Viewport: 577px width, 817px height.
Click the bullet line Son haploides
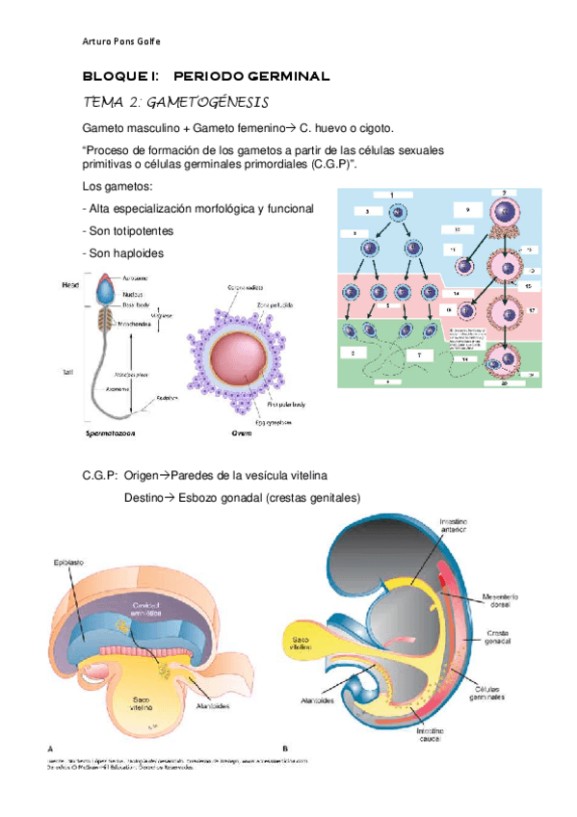click(125, 252)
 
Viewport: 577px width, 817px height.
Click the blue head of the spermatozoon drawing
click(104, 286)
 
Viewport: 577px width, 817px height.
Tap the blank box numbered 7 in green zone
click(420, 356)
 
